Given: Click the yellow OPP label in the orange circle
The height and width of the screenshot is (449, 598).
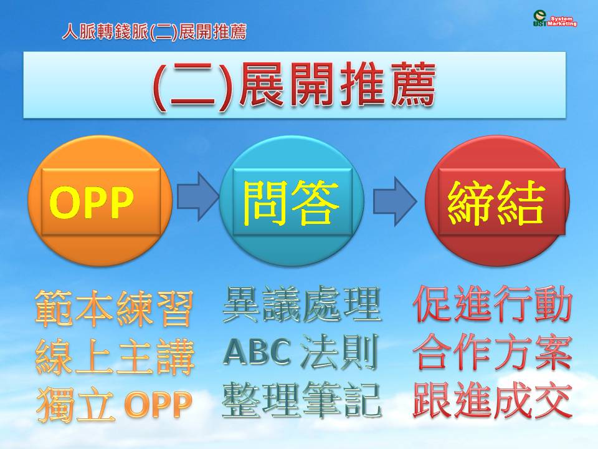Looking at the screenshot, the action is click(92, 202).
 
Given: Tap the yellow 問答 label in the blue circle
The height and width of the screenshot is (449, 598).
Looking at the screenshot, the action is click(292, 202).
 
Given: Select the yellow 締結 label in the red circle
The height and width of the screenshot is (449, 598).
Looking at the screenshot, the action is click(496, 202).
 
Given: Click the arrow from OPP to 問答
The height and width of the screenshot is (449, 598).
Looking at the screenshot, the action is click(197, 196).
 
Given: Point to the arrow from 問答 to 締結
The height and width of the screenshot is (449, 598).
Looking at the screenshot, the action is click(395, 201).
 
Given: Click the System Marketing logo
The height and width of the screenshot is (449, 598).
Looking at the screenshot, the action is click(555, 19).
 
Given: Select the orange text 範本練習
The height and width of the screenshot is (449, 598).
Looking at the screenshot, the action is click(113, 308).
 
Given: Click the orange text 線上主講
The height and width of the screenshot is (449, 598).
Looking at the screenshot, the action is click(115, 357).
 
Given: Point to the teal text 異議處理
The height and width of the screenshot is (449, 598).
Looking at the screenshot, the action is click(301, 305).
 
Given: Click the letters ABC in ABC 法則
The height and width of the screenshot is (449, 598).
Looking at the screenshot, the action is click(257, 352).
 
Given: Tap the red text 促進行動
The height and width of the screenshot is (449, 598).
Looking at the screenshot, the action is click(492, 304).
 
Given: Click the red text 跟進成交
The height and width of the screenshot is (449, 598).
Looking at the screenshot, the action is click(492, 400).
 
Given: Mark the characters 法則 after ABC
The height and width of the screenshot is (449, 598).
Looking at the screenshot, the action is click(339, 352).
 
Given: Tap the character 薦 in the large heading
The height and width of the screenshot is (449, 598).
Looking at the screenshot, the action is click(413, 85).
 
